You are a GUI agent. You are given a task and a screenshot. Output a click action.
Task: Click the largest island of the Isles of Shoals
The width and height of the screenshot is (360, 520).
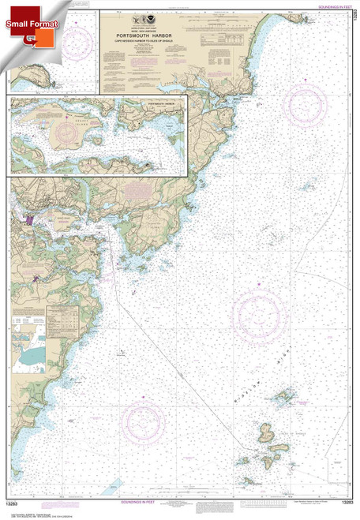266,432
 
